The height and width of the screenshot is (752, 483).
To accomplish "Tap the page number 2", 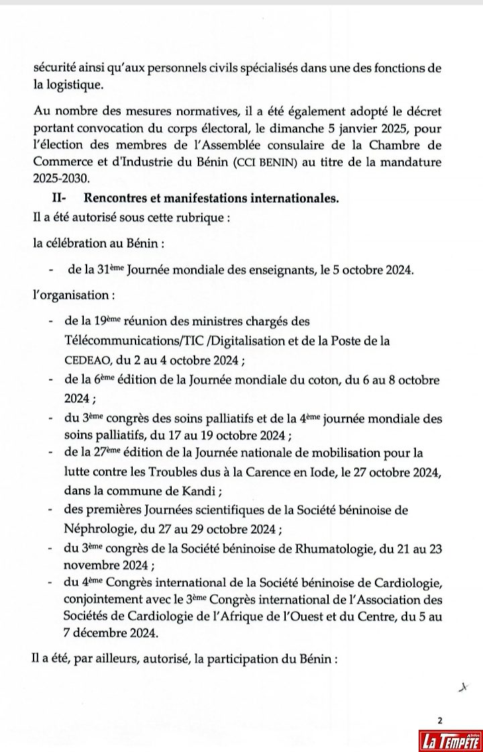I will pos(440,720).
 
